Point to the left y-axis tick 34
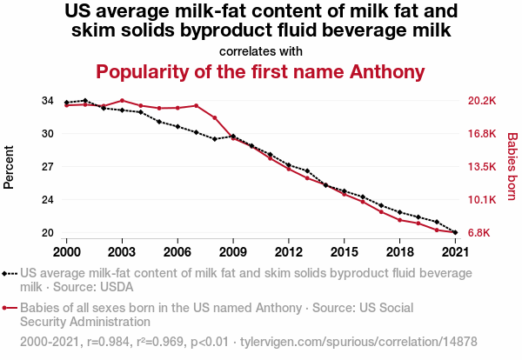[x=47, y=101]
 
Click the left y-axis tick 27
[x=47, y=167]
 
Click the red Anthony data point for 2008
[x=214, y=118]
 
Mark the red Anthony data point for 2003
[x=122, y=100]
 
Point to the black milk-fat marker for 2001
[x=84, y=100]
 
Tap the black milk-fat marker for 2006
[x=177, y=126]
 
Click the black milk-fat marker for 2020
[x=437, y=222]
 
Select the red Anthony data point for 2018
[x=399, y=220]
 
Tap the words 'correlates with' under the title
[x=260, y=50]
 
